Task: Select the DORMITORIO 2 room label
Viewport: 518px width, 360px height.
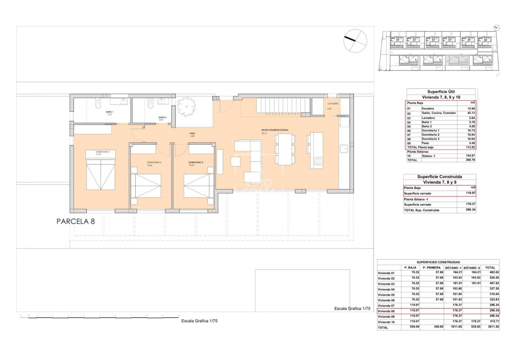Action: click(154, 163)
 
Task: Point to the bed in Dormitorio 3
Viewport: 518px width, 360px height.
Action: click(199, 185)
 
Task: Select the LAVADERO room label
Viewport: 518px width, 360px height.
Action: click(333, 104)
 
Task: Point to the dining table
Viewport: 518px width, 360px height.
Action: click(285, 149)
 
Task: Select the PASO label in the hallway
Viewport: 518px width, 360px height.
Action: click(192, 134)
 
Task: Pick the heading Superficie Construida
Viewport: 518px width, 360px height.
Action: click(439, 177)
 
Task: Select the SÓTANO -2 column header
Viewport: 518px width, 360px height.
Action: click(472, 267)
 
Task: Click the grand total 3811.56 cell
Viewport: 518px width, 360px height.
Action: click(490, 327)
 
